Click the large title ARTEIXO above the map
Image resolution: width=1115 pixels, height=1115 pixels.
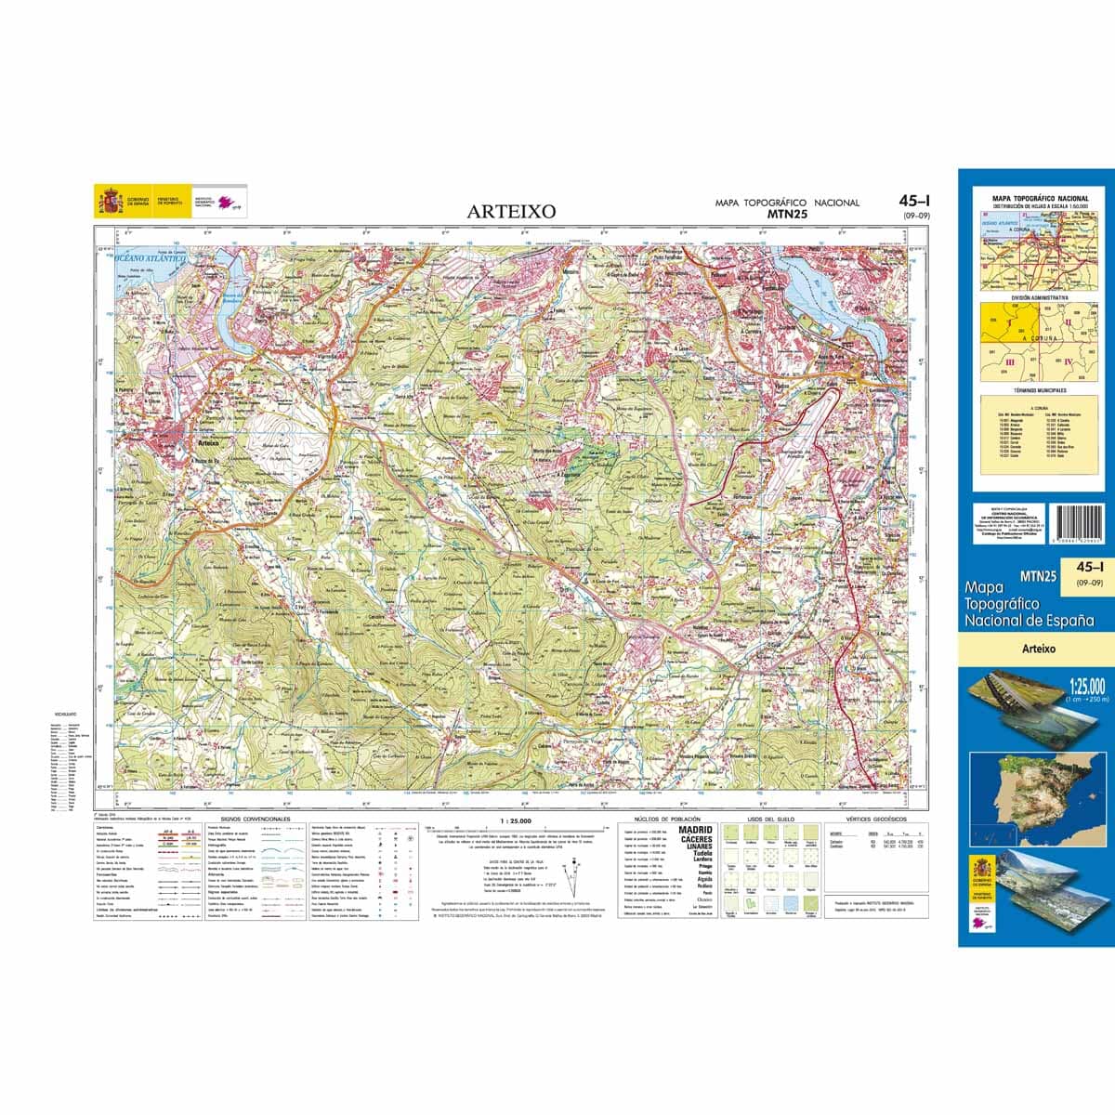click(x=511, y=211)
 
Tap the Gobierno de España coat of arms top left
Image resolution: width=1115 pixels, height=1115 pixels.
click(x=110, y=201)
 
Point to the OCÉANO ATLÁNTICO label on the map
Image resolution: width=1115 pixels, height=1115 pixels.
click(x=154, y=262)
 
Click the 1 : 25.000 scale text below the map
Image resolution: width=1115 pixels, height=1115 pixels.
click(x=514, y=821)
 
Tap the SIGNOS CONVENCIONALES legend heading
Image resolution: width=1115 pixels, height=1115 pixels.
click(x=256, y=820)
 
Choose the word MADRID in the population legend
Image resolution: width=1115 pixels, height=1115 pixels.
click(x=696, y=829)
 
